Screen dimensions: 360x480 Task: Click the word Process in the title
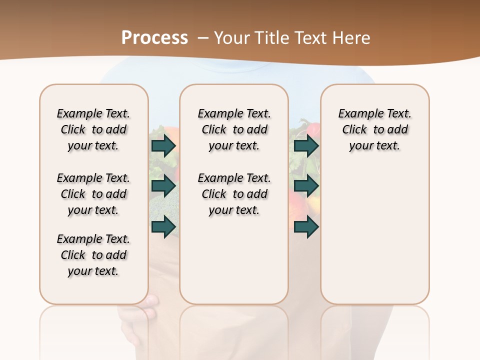(x=154, y=37)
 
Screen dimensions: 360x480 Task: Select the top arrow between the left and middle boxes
(x=163, y=145)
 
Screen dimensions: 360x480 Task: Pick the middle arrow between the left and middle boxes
(x=163, y=186)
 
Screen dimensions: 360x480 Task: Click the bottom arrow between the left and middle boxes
(x=163, y=227)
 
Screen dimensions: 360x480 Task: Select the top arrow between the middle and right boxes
(x=306, y=145)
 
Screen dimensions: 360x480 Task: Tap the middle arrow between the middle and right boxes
(x=306, y=186)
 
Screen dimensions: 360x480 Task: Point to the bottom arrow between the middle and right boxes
(x=306, y=227)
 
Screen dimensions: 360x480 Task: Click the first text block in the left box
(x=93, y=129)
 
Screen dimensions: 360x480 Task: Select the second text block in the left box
(x=93, y=194)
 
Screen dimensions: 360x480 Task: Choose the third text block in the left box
(x=93, y=255)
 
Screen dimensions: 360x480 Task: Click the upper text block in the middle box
(x=234, y=129)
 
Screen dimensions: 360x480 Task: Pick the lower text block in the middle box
(x=234, y=194)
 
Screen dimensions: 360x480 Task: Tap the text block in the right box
(x=374, y=129)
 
